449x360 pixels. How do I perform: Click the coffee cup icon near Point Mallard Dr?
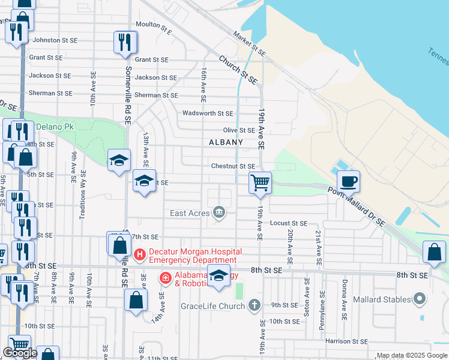(x=348, y=180)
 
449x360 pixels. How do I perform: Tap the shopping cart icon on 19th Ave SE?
(x=260, y=182)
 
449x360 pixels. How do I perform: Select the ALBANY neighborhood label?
(x=226, y=142)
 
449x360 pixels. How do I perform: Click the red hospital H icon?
(x=140, y=254)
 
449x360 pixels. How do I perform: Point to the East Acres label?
(x=190, y=213)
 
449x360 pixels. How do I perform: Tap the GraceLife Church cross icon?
(x=255, y=305)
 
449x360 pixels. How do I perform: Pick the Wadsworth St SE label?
(x=207, y=113)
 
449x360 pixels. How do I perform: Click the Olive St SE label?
(x=239, y=130)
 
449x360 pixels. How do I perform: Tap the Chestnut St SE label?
(x=233, y=166)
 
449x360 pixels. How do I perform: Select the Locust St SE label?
(x=288, y=223)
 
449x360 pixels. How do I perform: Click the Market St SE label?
(x=250, y=41)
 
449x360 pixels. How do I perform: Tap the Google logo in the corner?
(x=20, y=353)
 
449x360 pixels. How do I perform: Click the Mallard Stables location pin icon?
(x=420, y=299)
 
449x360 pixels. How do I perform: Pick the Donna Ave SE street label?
(x=345, y=292)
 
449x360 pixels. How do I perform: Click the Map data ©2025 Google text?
(x=412, y=355)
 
